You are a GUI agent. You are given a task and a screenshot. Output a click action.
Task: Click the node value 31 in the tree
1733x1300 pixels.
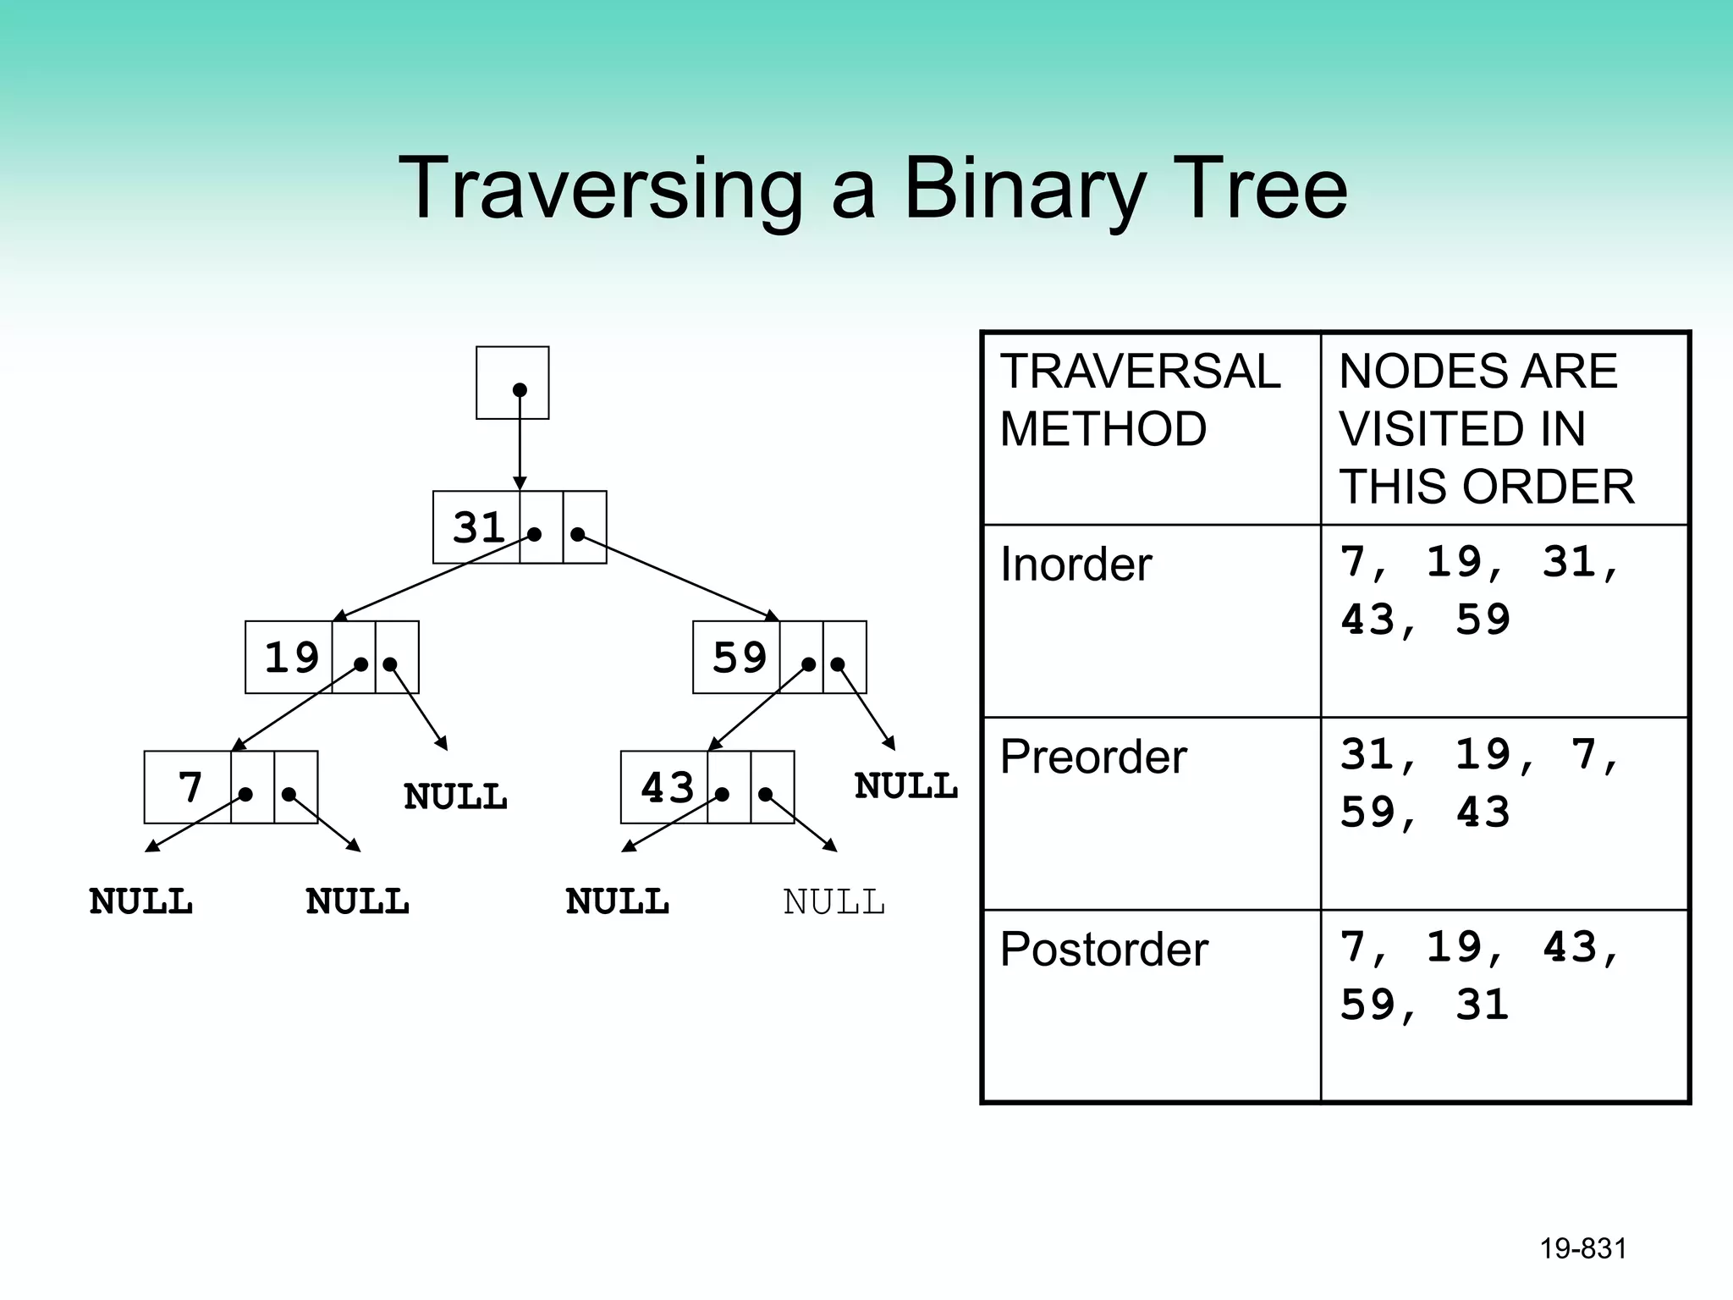(478, 527)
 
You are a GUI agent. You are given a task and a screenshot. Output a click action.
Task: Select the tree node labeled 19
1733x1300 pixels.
(291, 658)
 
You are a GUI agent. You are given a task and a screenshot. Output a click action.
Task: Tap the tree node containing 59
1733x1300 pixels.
(739, 658)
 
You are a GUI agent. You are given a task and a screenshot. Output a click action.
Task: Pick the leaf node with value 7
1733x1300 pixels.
(190, 787)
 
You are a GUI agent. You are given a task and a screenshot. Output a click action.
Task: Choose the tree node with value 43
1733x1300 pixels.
(667, 787)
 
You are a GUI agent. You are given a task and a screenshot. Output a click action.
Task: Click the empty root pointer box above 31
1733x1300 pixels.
(512, 383)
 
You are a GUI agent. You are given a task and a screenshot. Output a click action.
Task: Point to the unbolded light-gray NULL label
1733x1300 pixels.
(833, 902)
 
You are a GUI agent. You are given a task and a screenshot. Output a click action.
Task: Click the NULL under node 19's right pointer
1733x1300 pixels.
(455, 796)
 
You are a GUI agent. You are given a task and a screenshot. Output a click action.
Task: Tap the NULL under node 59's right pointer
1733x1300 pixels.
(905, 786)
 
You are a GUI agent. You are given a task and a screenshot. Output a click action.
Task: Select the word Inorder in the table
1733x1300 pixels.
(1076, 565)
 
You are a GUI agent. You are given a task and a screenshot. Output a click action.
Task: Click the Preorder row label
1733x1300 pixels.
(1092, 757)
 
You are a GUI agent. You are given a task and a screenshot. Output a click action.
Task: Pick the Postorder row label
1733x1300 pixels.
(1103, 950)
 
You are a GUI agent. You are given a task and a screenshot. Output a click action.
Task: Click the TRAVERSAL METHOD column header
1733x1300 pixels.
(1139, 399)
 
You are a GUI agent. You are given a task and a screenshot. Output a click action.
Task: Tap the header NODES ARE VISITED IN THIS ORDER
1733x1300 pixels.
(1486, 429)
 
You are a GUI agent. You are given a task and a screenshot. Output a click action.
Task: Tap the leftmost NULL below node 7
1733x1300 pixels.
(141, 902)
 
